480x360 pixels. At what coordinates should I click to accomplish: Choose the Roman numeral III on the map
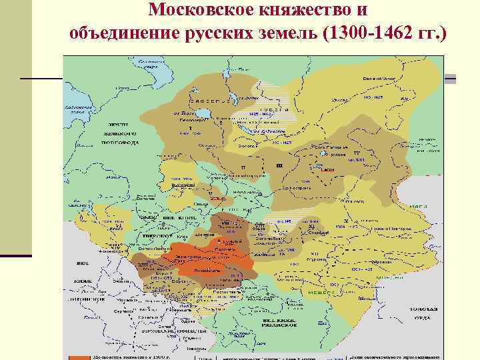(x=279, y=165)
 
